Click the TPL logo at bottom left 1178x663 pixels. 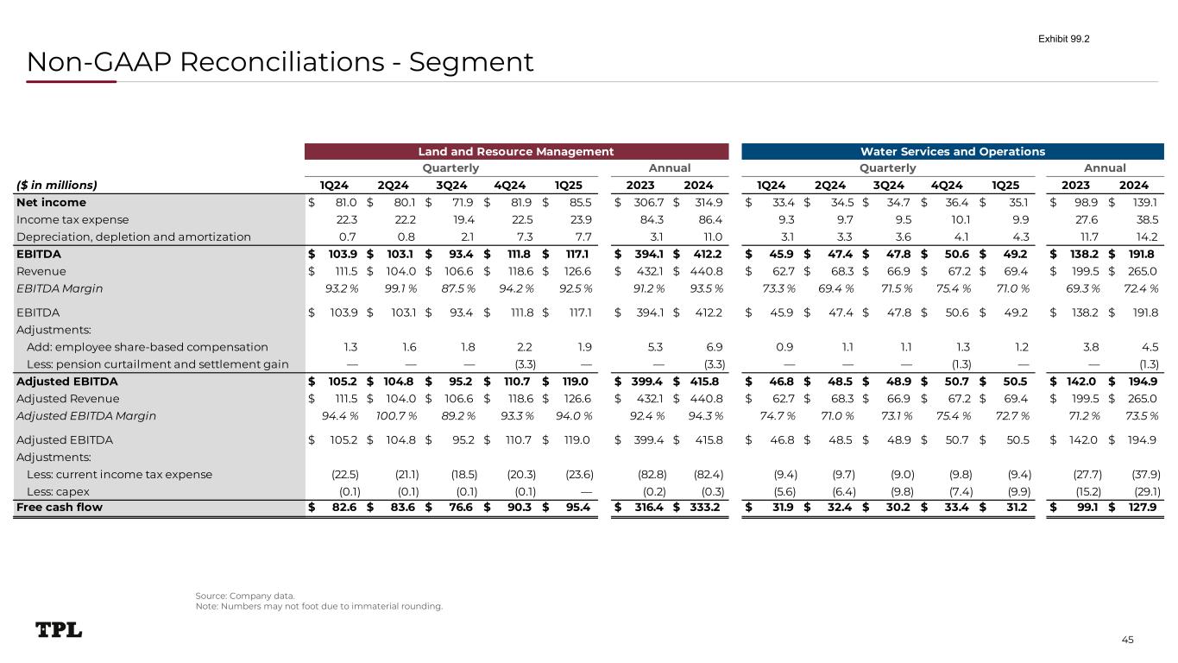pos(59,630)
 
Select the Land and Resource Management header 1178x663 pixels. pos(516,152)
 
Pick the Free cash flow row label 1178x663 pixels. pos(59,507)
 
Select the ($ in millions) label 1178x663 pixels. pos(57,184)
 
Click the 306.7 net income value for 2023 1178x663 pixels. pos(645,202)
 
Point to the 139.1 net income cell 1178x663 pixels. pos(1143,202)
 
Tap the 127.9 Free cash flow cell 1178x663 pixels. pos(1143,507)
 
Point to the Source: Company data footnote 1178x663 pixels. pos(245,596)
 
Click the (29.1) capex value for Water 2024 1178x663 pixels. pos(1143,490)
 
